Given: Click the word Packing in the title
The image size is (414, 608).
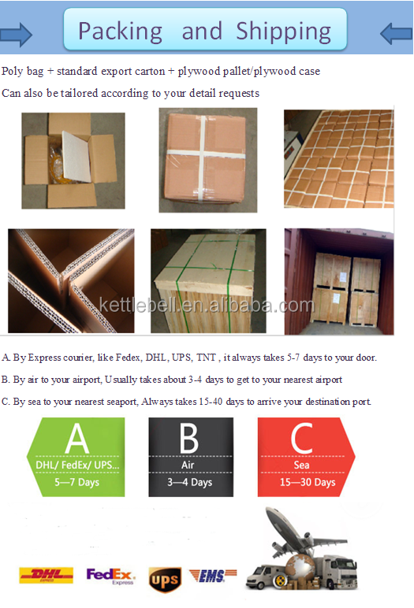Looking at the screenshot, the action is pos(121,32).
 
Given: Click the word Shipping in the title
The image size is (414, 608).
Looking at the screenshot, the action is pos(284,32).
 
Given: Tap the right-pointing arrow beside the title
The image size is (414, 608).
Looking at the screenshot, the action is pos(16,35).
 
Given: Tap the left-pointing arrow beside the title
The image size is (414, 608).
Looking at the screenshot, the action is pos(396,34).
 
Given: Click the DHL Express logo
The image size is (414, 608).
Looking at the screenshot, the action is pos(47,576).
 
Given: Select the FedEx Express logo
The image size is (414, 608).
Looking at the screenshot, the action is pos(110,576).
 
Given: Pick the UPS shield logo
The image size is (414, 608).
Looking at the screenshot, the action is pos(165,580).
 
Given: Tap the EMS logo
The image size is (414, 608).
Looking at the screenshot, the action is pos(213,576).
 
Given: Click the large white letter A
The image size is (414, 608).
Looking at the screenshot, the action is pos(77,438).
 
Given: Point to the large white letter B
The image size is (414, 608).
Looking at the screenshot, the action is pos(189,438).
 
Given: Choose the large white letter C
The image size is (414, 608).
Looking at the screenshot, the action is pos(302,438).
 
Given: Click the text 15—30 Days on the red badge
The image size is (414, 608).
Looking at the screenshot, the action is pos(308,482).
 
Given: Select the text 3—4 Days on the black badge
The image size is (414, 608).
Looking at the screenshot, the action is pos(190,482).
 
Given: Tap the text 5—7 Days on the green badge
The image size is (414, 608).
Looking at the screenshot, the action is pos(77,482).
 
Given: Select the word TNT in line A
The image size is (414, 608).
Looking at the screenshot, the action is pos(206,357).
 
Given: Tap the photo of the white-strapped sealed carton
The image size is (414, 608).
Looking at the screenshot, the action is pos(207,160).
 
